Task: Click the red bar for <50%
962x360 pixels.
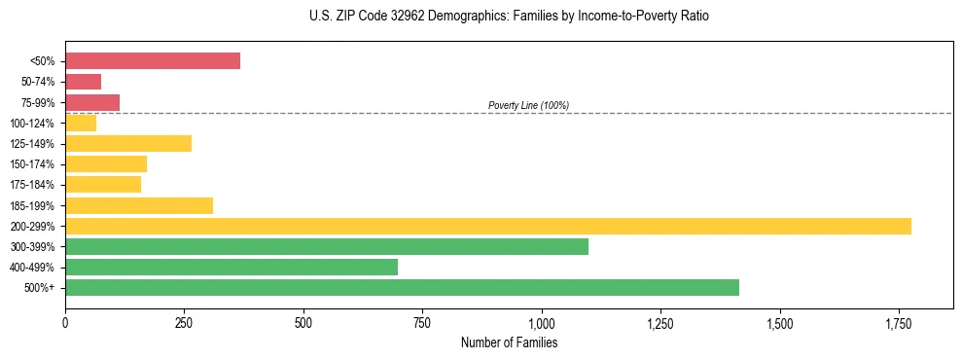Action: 153,61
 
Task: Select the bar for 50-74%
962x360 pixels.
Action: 84,82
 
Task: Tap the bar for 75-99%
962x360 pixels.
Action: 92,102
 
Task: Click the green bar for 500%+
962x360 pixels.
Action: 402,287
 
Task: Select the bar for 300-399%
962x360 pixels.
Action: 327,246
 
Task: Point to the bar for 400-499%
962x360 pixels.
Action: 232,267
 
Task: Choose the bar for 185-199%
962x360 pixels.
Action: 139,205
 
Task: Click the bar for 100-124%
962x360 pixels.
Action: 81,123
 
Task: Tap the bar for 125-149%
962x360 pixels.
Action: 128,143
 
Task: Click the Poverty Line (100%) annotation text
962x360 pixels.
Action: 528,105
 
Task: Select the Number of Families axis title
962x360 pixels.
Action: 509,342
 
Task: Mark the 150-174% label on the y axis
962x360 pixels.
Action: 32,164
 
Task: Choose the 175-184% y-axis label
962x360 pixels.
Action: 32,185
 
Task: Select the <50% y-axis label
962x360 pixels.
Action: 43,61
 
